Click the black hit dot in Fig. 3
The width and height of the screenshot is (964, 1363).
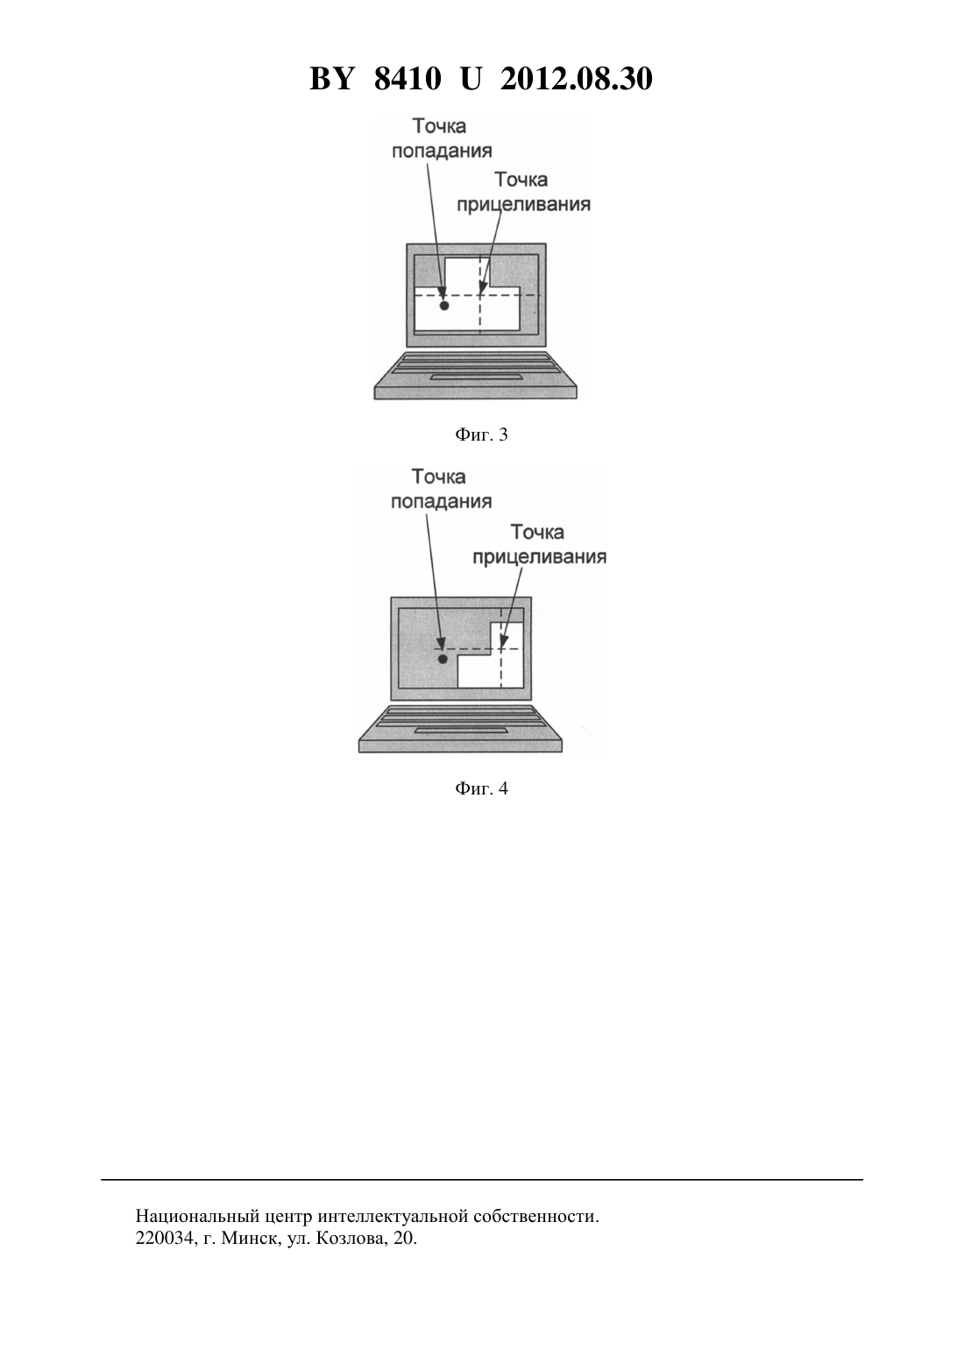(444, 306)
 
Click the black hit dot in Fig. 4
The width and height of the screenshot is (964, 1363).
(443, 659)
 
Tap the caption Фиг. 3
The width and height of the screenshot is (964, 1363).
(481, 434)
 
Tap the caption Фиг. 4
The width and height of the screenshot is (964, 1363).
(481, 788)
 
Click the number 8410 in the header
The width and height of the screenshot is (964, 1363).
(408, 79)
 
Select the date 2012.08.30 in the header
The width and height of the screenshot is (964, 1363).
(577, 79)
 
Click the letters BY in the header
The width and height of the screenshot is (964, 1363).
(331, 79)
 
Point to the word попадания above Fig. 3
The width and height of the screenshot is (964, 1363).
(442, 151)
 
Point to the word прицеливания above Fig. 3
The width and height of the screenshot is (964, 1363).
(523, 204)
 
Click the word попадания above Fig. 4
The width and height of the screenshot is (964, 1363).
(441, 501)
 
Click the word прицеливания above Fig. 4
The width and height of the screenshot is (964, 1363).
(540, 557)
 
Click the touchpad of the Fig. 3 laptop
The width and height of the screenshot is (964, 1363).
(476, 378)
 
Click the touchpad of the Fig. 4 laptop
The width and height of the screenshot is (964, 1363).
(461, 731)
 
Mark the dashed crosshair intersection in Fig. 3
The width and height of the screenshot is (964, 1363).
(479, 295)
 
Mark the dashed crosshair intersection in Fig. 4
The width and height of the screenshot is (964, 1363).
(501, 648)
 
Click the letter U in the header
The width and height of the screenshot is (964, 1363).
(471, 79)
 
